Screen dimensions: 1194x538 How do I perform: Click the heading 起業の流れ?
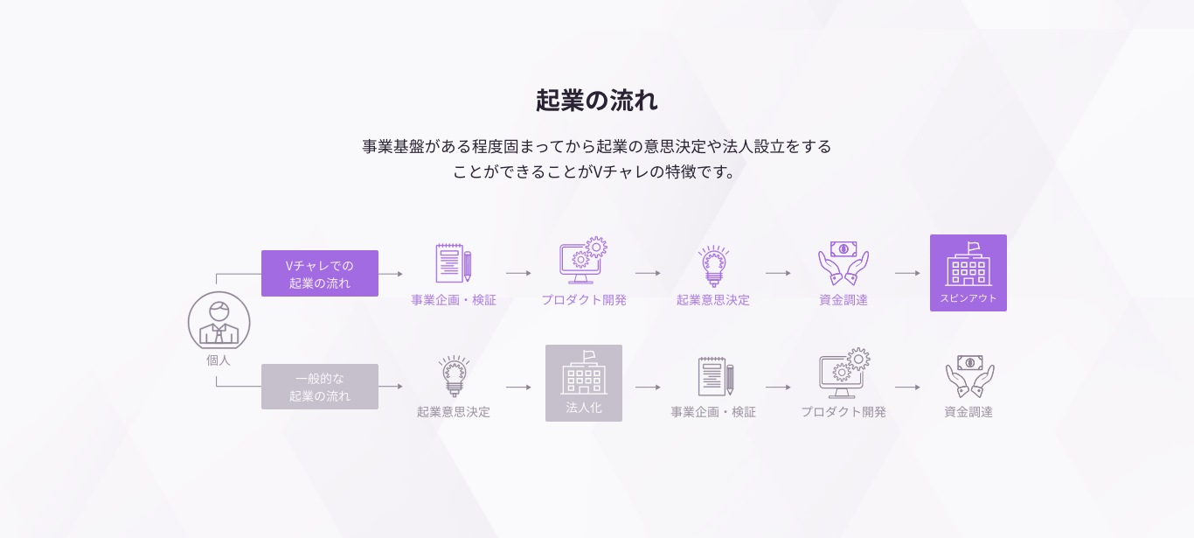pos(597,101)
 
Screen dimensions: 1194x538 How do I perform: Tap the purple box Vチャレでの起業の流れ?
pos(320,274)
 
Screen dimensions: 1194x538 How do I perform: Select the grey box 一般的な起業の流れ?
pos(320,387)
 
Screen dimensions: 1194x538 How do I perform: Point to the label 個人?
pos(219,360)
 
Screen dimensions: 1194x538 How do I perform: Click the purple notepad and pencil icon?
pos(454,262)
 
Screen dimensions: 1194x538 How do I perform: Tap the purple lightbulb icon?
pos(713,265)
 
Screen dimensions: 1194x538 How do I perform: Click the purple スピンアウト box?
pos(968,273)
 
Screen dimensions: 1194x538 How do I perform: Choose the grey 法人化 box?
pos(584,383)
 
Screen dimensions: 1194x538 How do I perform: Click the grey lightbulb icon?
pos(454,376)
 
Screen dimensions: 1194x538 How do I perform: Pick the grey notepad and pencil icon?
pos(715,376)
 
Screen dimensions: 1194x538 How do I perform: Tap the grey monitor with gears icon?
pos(844,374)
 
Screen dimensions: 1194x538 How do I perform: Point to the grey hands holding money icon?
pos(969,376)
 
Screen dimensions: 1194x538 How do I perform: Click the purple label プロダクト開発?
pos(584,300)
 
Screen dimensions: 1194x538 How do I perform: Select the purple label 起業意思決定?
pos(713,300)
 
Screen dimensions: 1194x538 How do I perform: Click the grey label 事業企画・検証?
pos(713,412)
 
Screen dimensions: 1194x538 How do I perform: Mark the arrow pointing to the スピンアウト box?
pos(907,273)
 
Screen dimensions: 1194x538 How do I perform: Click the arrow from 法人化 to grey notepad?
pos(648,387)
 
